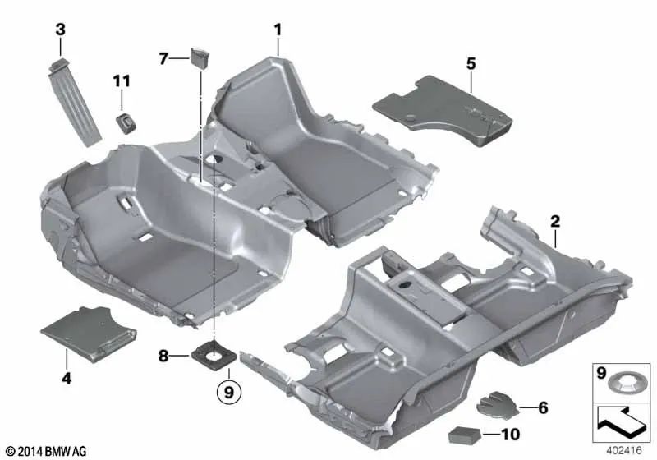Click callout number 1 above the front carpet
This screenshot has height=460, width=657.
(278, 30)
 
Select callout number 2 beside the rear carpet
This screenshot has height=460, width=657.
(555, 221)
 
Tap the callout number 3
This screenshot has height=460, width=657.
(60, 30)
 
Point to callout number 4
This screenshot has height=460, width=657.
(67, 379)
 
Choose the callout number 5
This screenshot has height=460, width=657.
(471, 62)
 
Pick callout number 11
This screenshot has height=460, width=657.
(122, 80)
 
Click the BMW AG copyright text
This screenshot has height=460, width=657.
(45, 451)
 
